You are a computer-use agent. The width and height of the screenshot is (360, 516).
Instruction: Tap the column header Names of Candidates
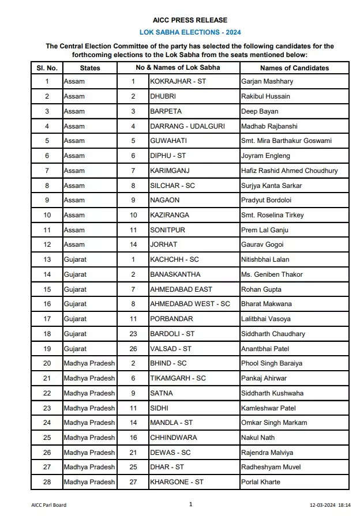pyautogui.click(x=294, y=68)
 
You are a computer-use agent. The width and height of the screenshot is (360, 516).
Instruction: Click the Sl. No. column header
pyautogui.click(x=47, y=68)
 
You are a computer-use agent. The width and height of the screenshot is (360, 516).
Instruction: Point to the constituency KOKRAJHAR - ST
pyautogui.click(x=178, y=81)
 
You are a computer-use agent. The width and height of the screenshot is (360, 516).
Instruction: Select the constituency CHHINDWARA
pyautogui.click(x=173, y=438)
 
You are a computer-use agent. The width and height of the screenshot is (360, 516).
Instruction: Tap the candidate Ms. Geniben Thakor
pyautogui.click(x=272, y=274)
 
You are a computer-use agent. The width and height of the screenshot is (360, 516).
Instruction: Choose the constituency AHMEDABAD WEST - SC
pyautogui.click(x=190, y=304)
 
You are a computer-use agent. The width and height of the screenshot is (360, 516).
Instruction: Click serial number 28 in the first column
pyautogui.click(x=47, y=482)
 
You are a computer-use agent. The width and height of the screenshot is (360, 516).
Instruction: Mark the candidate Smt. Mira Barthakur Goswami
pyautogui.click(x=286, y=141)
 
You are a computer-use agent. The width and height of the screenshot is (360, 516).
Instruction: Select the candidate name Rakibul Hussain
pyautogui.click(x=265, y=96)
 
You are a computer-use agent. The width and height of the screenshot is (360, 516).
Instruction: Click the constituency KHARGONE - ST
pyautogui.click(x=177, y=482)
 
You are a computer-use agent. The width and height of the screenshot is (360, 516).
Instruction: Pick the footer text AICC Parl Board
pyautogui.click(x=48, y=505)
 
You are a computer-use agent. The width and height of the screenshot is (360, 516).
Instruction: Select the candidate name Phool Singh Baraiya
pyautogui.click(x=271, y=363)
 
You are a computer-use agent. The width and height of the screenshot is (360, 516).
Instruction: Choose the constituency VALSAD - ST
pyautogui.click(x=171, y=348)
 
